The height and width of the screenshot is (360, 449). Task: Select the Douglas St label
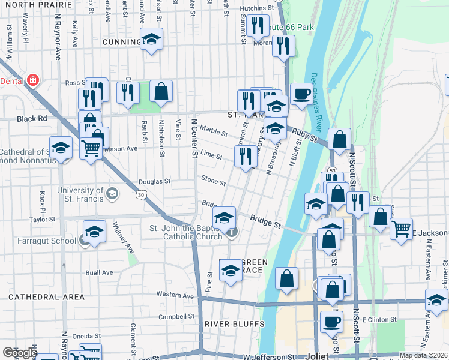coord(154,181)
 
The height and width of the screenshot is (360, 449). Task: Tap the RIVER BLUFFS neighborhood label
coord(234,324)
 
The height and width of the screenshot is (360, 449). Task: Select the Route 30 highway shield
coord(140,194)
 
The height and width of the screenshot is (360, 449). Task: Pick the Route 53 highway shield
coord(331,171)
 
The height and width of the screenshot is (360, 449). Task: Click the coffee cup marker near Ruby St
coord(301,93)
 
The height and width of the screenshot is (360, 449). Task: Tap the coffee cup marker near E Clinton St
coord(331,322)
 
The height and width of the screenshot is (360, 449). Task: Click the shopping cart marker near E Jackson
coord(401,227)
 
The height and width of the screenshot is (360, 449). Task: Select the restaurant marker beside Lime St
coord(245,155)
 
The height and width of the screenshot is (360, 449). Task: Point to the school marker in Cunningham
coord(151,39)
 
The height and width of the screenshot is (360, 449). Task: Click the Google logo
coord(20,353)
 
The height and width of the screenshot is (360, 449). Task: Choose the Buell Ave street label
coord(99,272)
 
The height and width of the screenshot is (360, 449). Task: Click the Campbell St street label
coord(176,316)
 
